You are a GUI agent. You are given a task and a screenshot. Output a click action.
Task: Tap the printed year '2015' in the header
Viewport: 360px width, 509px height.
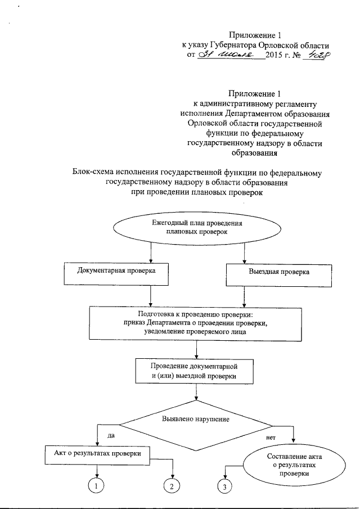276,56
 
